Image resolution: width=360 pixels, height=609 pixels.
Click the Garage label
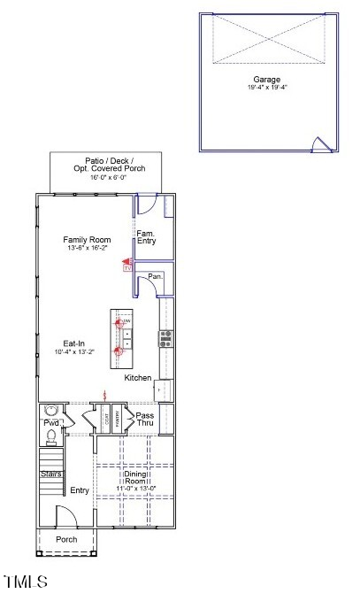click(x=267, y=79)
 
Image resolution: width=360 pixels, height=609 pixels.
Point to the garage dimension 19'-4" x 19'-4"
click(x=267, y=88)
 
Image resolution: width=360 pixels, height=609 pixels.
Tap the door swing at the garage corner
click(x=321, y=145)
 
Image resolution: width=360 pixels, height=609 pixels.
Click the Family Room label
click(x=86, y=240)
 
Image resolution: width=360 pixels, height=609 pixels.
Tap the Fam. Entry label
click(x=146, y=237)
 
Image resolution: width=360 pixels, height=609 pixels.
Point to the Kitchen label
click(x=137, y=378)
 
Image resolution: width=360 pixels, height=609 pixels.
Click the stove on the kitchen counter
click(x=165, y=338)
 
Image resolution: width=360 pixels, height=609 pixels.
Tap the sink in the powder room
click(x=50, y=410)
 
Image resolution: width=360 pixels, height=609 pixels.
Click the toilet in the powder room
click(x=51, y=434)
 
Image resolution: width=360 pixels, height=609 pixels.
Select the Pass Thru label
click(x=145, y=419)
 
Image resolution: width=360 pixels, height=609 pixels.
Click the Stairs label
click(x=50, y=474)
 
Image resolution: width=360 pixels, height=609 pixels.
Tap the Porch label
click(x=66, y=539)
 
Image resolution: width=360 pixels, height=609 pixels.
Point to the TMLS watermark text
click(x=25, y=582)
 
